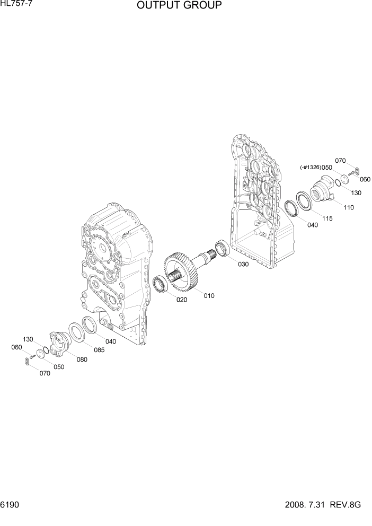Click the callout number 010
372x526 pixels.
coord(209,296)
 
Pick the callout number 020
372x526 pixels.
coord(182,300)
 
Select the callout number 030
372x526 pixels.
coord(243,264)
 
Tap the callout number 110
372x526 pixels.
coord(348,207)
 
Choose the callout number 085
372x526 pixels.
coord(99,350)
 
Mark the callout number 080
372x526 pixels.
coord(82,360)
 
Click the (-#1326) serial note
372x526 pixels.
coord(310,168)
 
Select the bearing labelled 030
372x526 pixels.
coord(221,248)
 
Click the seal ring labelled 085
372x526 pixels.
coord(76,332)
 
